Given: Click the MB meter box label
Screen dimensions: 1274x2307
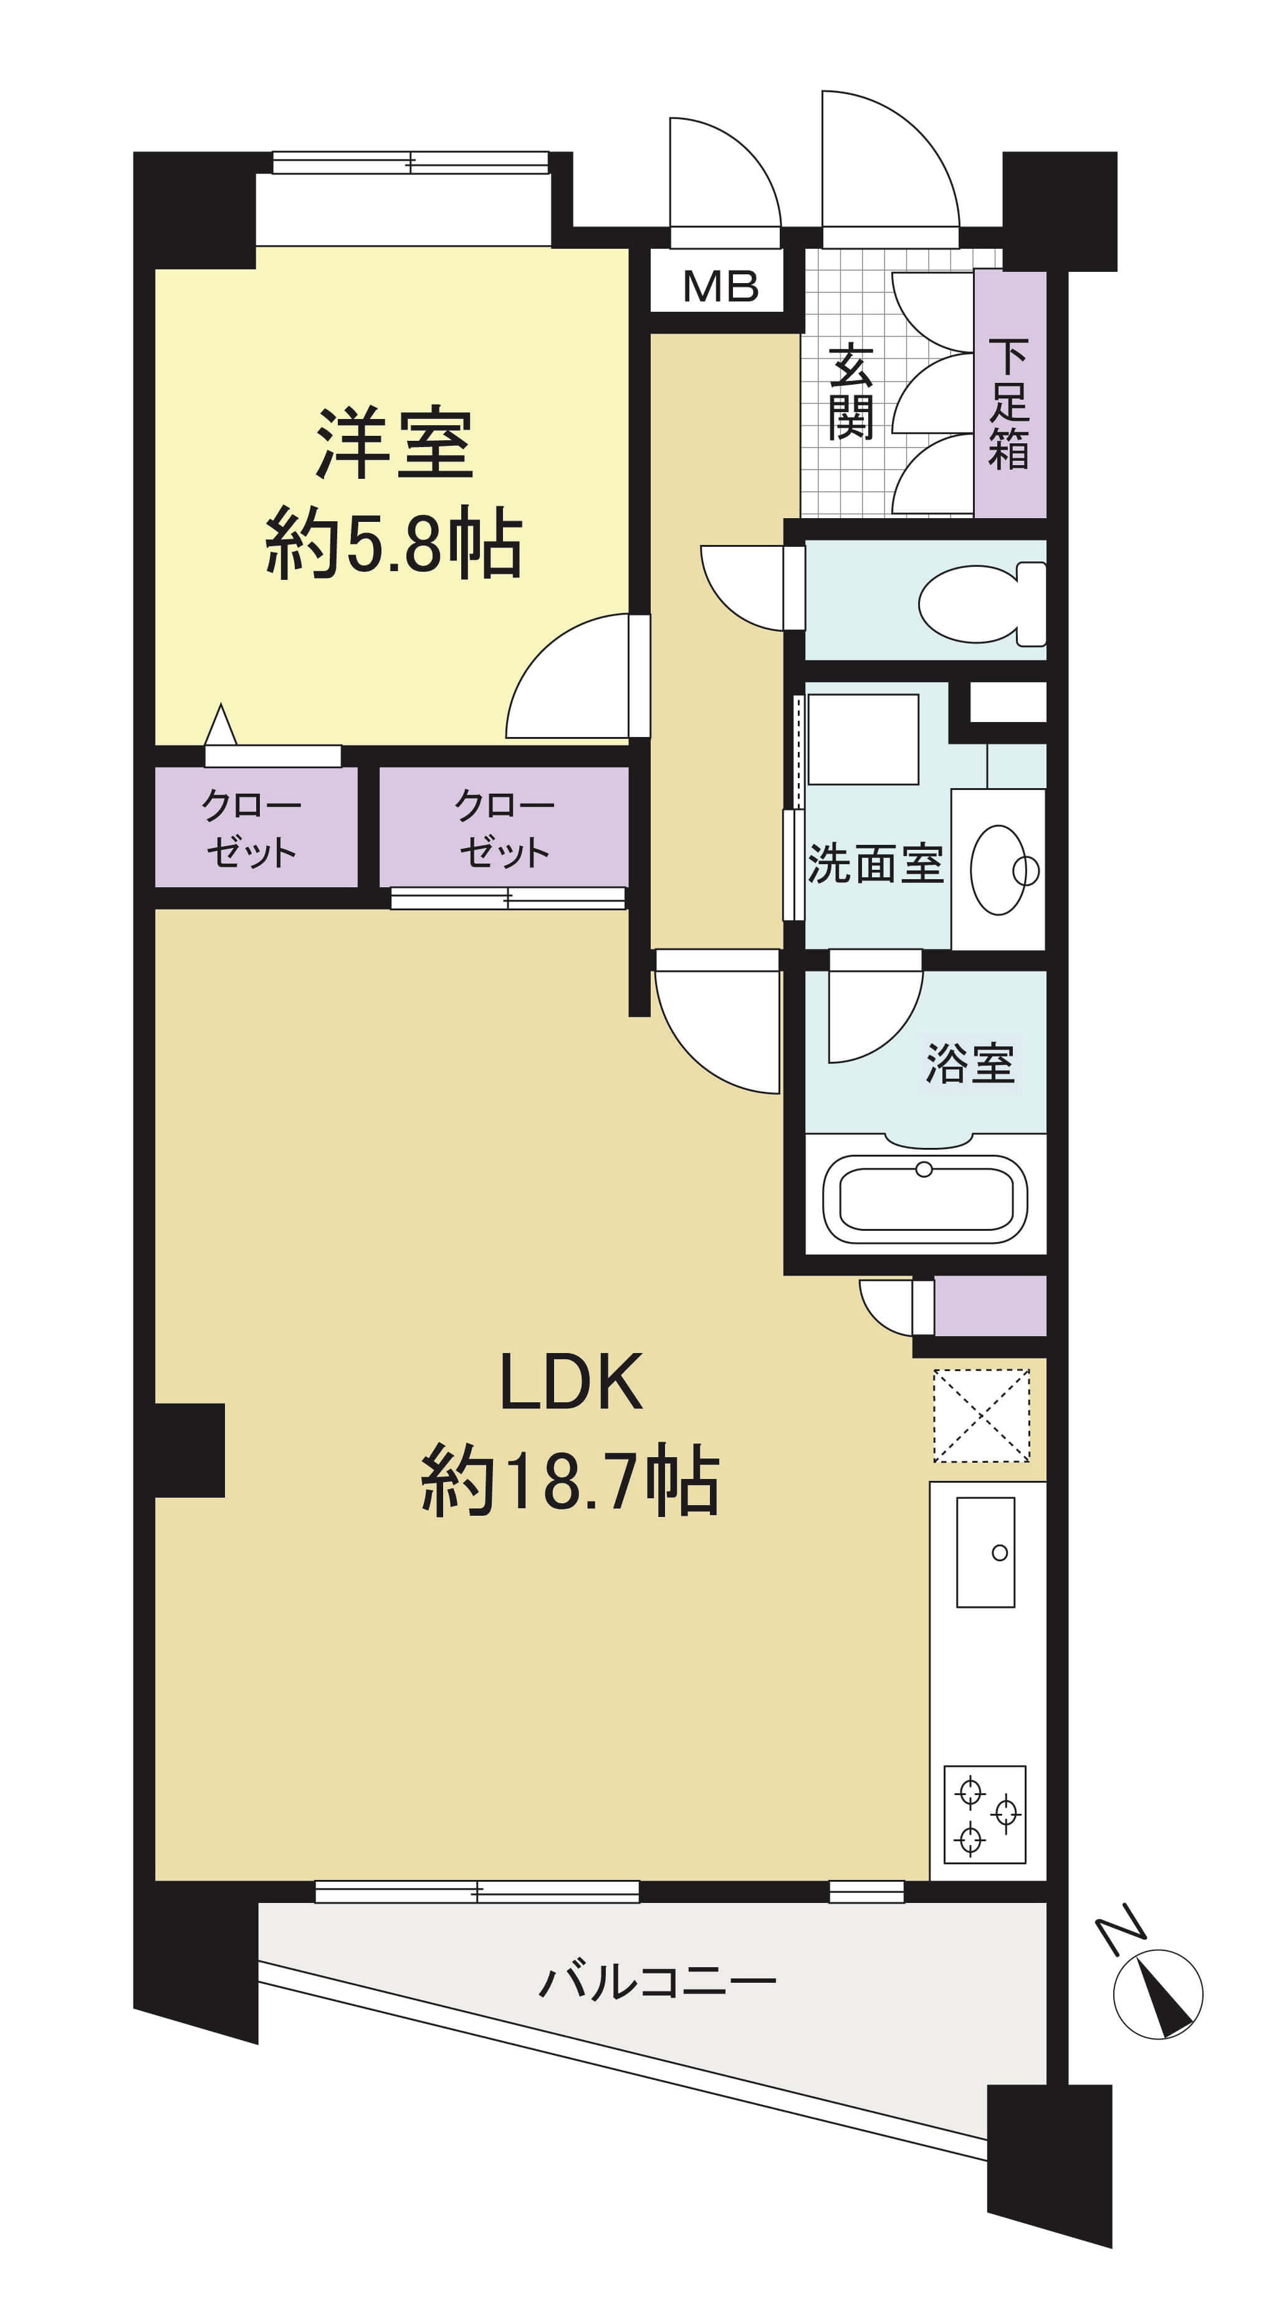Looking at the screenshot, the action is click(x=721, y=287).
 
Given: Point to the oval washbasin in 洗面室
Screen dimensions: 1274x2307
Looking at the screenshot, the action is click(x=999, y=870).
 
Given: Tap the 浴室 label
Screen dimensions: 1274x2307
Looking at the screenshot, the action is click(x=970, y=1064).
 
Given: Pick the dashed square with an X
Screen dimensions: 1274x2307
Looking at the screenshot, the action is click(x=981, y=1416).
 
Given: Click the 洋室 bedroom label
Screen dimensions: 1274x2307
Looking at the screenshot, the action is click(x=394, y=443).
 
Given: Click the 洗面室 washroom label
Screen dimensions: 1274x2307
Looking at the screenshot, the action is click(x=876, y=864).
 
